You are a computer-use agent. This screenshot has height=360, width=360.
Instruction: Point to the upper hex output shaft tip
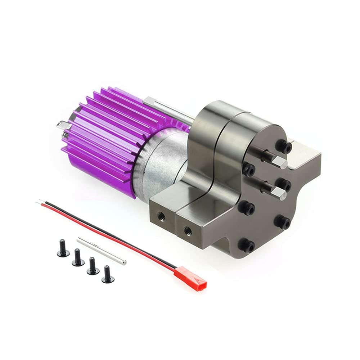[x=281, y=163]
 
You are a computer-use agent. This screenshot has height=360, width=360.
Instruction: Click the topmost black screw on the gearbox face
[x=284, y=146]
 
